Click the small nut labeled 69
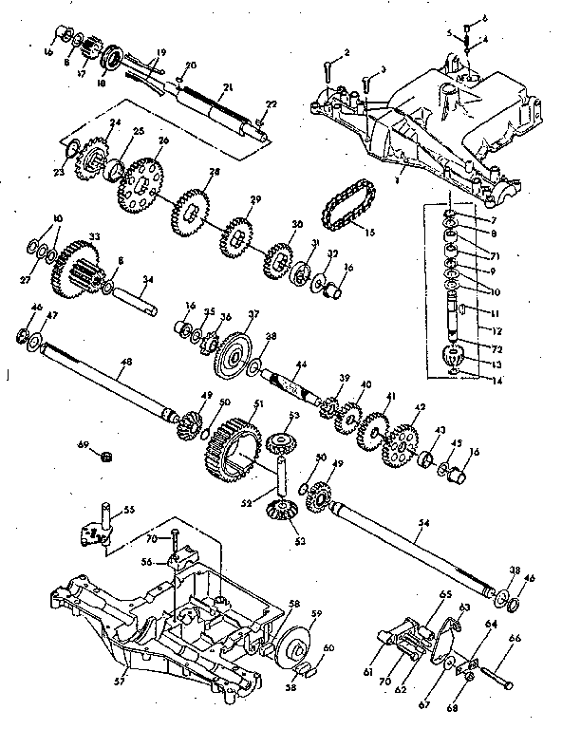click(x=108, y=455)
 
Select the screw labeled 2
click(x=328, y=73)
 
